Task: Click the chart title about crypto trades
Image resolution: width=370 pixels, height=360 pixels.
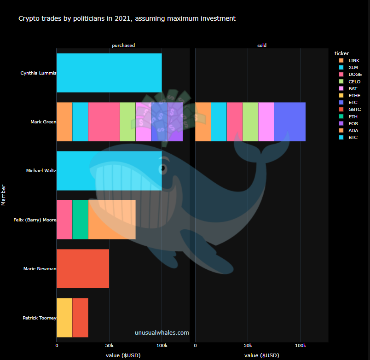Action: tap(127, 19)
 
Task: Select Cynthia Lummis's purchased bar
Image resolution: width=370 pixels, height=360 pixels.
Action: tap(109, 73)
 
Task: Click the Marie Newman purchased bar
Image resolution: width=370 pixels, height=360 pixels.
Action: tap(83, 268)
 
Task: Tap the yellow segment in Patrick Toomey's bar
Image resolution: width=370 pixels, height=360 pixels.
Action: tap(64, 318)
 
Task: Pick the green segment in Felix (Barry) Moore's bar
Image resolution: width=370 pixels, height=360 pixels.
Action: tap(80, 220)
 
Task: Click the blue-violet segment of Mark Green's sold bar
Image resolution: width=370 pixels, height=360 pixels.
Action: tap(289, 122)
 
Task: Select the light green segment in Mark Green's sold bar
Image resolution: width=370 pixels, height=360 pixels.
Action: tap(250, 122)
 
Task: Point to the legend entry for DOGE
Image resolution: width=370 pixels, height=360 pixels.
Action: tap(354, 75)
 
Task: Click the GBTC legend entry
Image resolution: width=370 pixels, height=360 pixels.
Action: tap(354, 110)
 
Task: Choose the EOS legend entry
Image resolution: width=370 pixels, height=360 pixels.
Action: tap(353, 123)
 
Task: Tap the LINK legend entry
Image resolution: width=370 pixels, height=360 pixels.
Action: tap(354, 60)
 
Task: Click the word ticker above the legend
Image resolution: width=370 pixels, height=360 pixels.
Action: tap(342, 53)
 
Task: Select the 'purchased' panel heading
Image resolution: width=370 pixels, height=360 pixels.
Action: tap(123, 46)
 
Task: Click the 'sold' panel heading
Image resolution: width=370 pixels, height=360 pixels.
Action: tap(262, 46)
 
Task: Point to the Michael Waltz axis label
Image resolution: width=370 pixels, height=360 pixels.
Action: tap(41, 171)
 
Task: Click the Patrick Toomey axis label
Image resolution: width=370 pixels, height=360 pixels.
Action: tap(39, 318)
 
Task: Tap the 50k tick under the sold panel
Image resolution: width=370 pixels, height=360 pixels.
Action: tap(248, 345)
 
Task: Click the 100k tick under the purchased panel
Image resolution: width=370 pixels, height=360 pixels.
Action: tap(162, 345)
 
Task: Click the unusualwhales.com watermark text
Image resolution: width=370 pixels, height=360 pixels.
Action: tap(162, 332)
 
